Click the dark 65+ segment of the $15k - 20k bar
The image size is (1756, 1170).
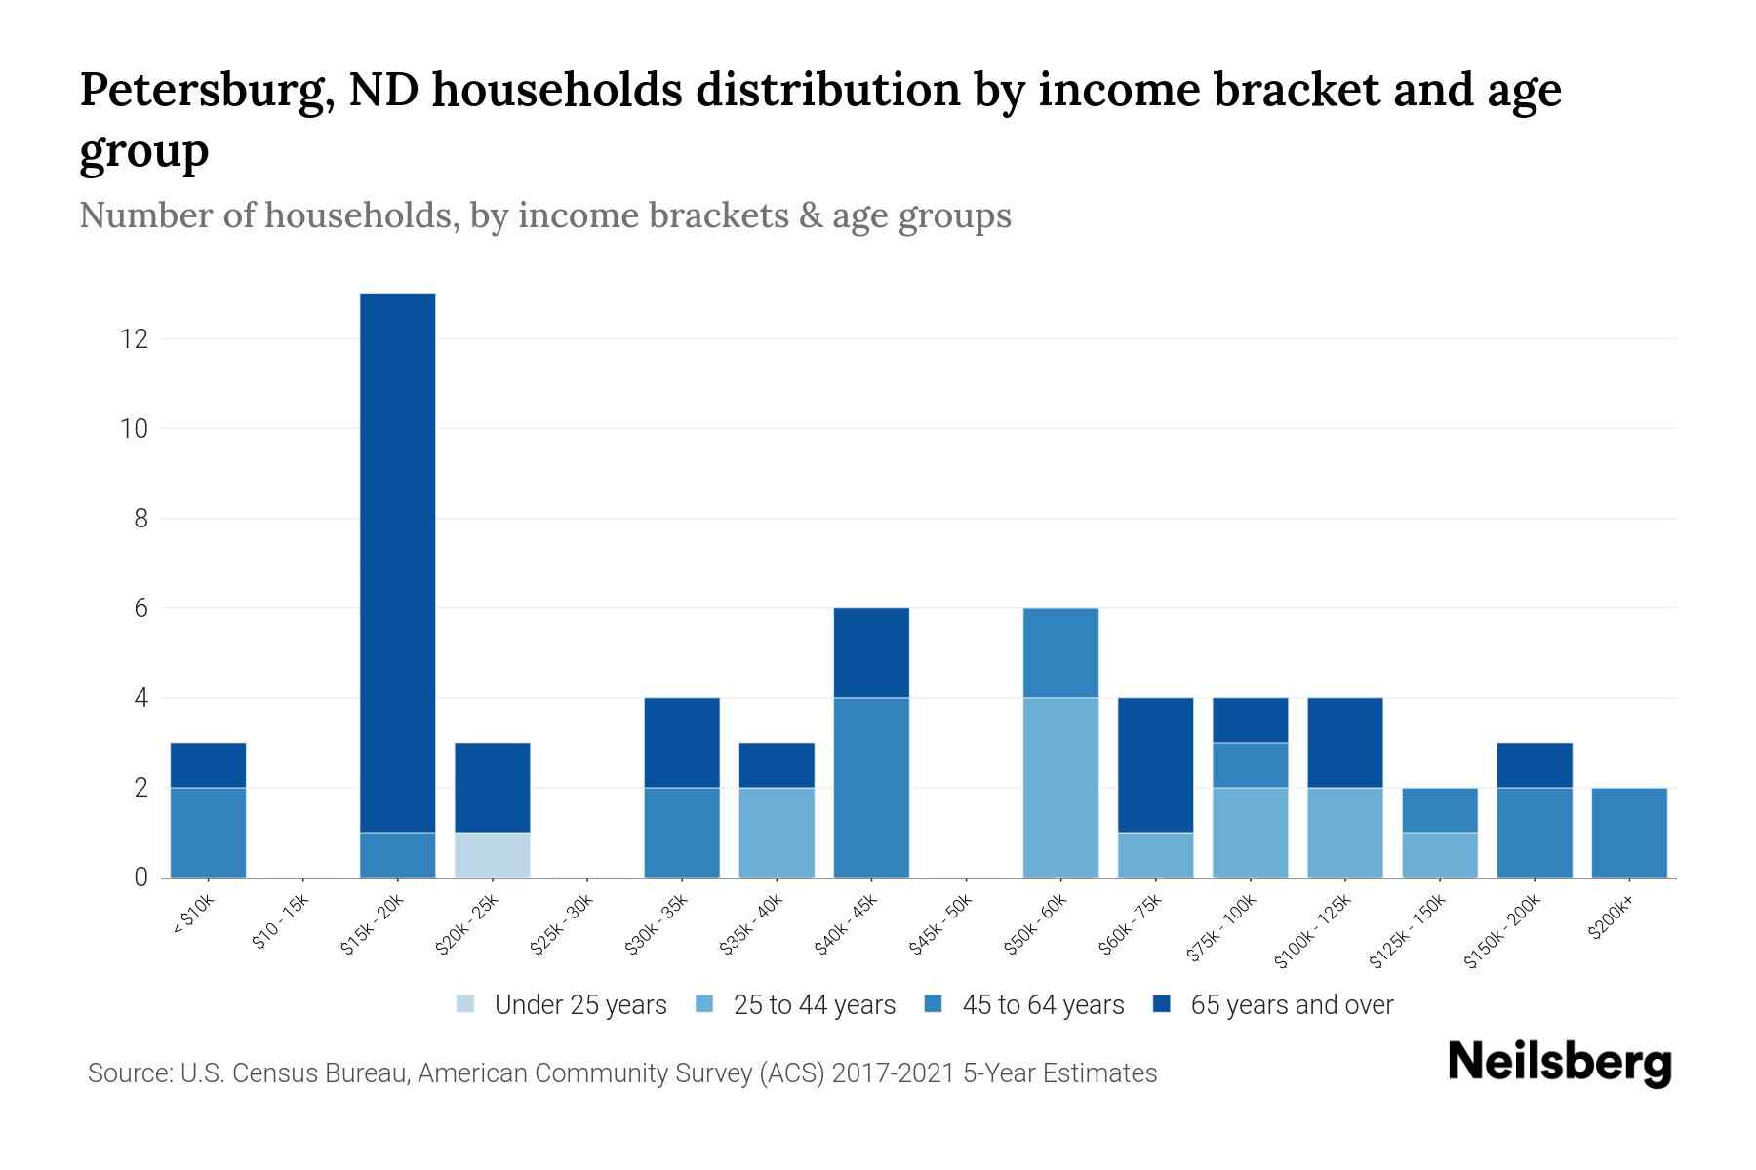point(398,563)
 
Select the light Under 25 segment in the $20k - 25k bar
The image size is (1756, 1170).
point(493,855)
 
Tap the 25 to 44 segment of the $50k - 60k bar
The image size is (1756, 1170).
point(1060,788)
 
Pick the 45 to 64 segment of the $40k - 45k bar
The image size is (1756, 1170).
point(871,788)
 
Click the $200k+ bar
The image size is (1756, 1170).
point(1629,833)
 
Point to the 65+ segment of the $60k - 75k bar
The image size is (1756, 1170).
point(1155,765)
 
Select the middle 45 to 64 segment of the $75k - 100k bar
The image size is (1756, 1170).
point(1250,765)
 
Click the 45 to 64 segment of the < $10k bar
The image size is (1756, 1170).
point(208,833)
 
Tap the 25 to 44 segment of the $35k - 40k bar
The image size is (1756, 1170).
point(777,833)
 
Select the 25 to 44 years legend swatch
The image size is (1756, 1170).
point(704,1004)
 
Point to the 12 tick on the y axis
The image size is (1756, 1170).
point(134,339)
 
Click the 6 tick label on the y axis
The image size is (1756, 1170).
point(140,608)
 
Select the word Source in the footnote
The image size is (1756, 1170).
point(129,1073)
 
